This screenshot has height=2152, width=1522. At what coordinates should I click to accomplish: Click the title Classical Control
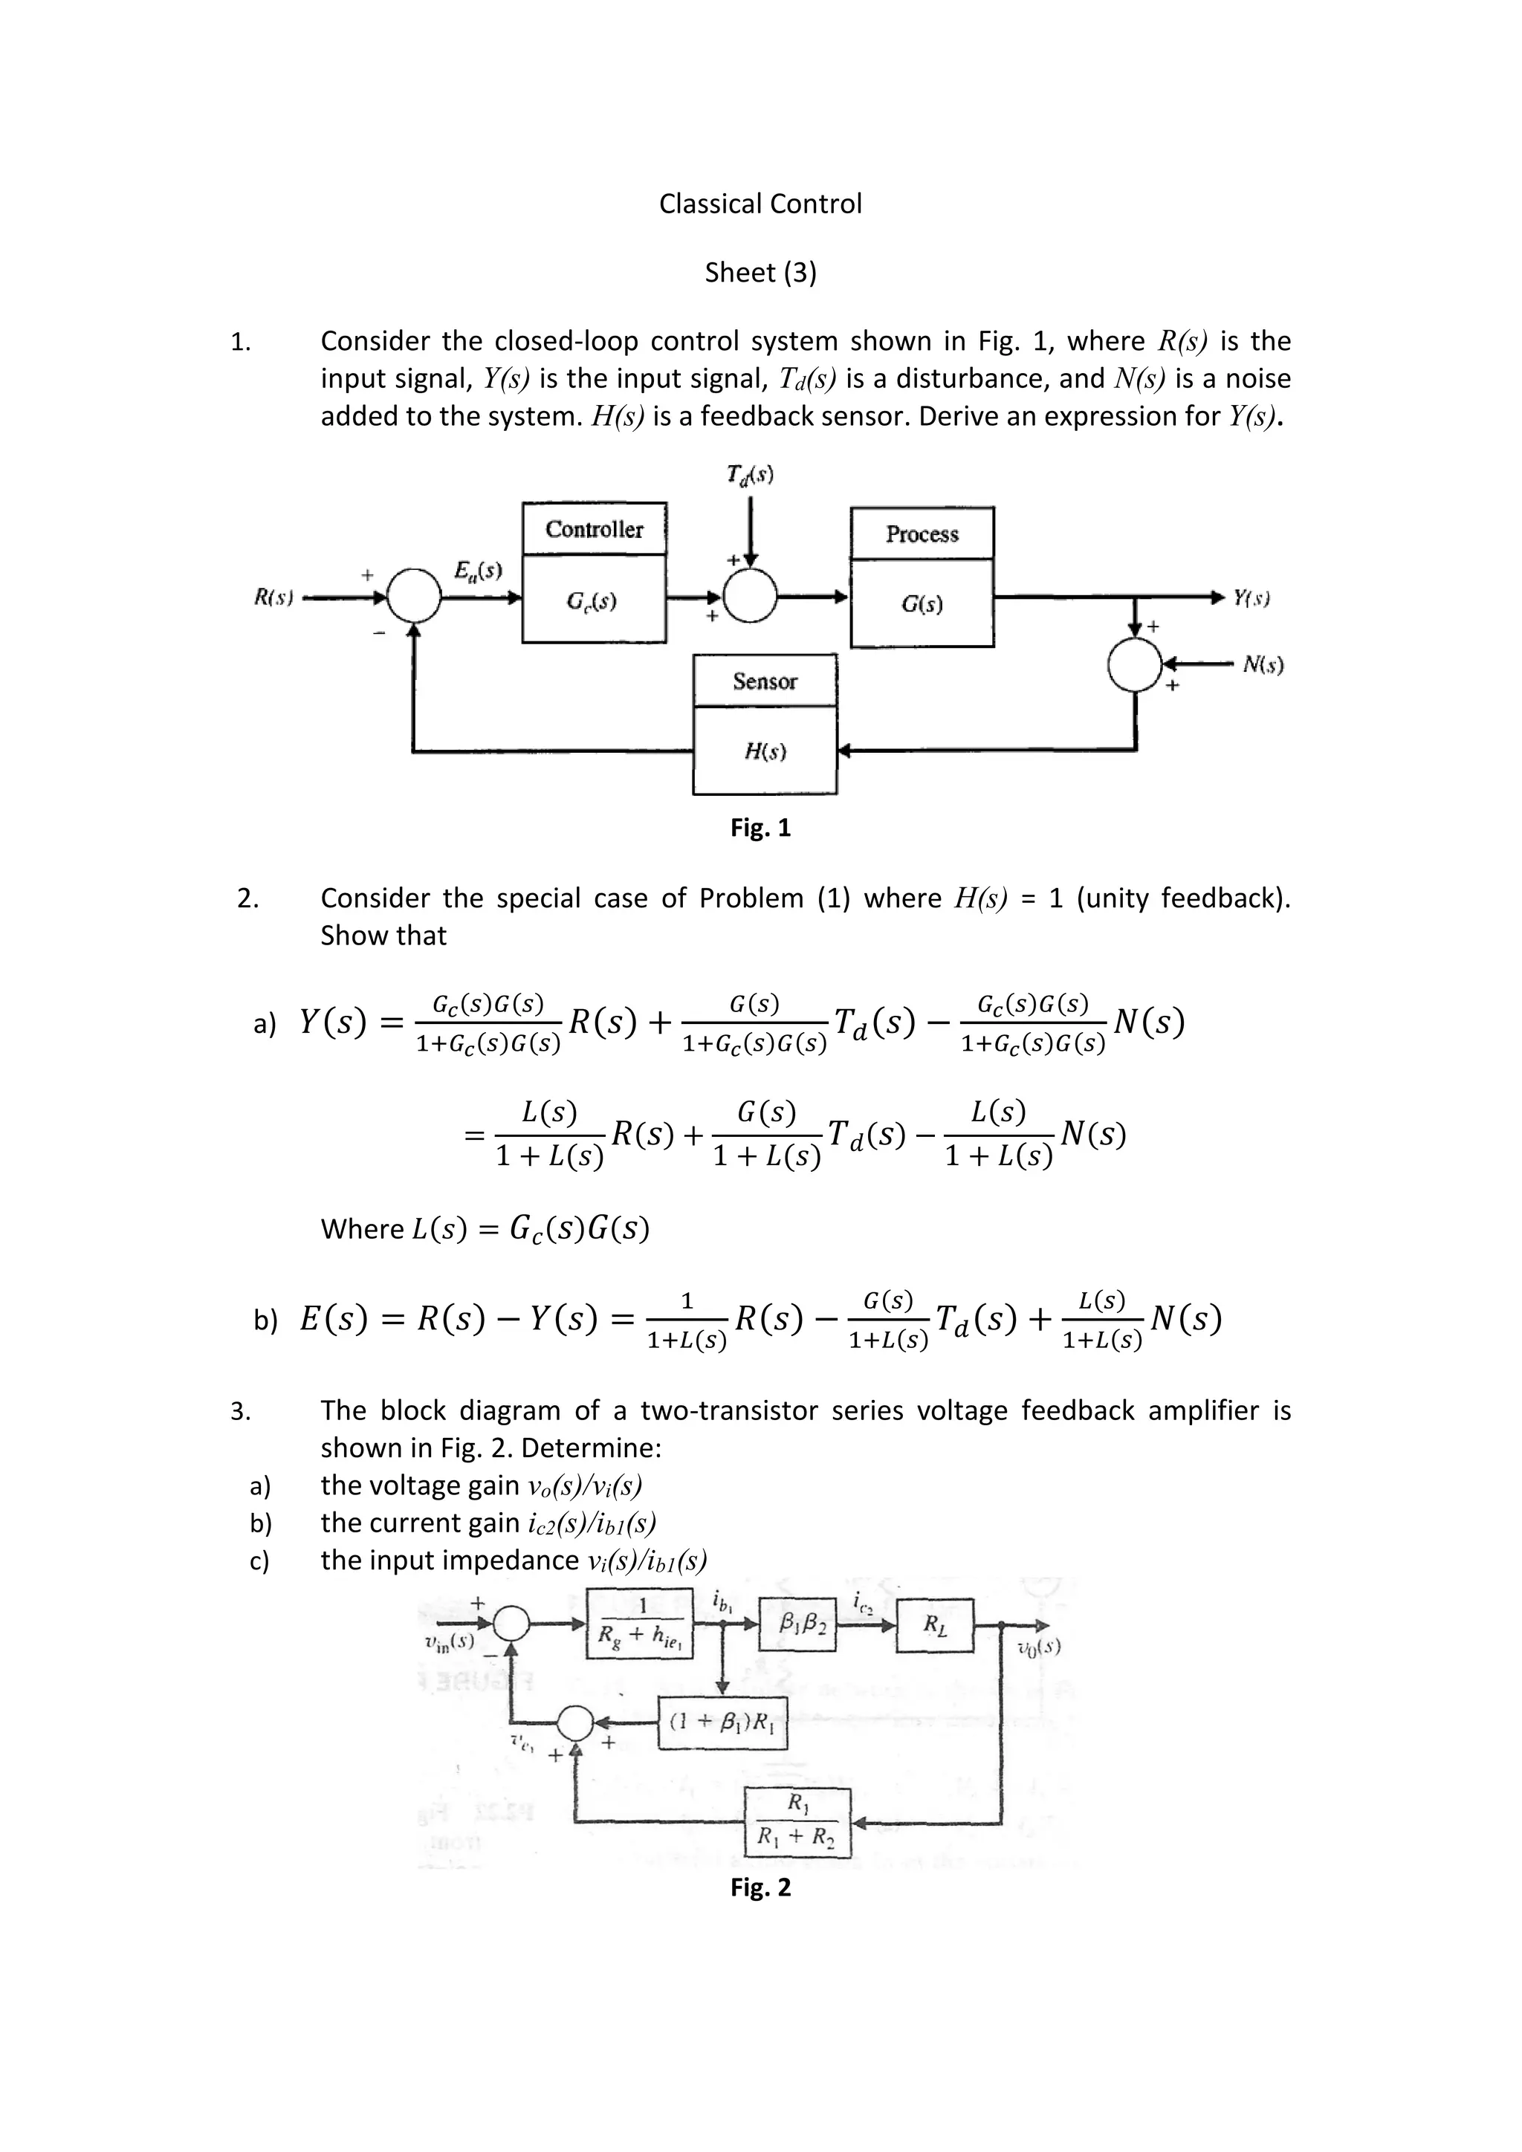760,204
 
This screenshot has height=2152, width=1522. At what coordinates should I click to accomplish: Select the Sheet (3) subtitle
760,272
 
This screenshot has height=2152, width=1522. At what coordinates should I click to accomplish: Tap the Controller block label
595,530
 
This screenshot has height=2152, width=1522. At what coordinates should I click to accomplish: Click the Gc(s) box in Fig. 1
595,600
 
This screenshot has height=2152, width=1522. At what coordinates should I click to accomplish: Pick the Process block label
922,534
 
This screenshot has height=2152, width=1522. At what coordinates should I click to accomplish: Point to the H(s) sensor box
765,751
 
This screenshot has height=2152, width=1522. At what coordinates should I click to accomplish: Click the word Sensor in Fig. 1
765,681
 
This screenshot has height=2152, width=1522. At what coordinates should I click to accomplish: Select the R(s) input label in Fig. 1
273,597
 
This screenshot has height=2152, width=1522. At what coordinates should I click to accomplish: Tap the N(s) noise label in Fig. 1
1263,666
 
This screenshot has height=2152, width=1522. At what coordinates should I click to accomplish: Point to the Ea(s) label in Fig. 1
478,570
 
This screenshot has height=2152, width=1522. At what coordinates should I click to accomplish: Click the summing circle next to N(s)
1136,664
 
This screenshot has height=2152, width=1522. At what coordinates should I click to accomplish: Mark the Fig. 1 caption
760,828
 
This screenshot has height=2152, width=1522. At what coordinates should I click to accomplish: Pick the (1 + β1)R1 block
722,1722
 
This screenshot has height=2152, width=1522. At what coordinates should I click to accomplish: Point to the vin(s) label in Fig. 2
449,1641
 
